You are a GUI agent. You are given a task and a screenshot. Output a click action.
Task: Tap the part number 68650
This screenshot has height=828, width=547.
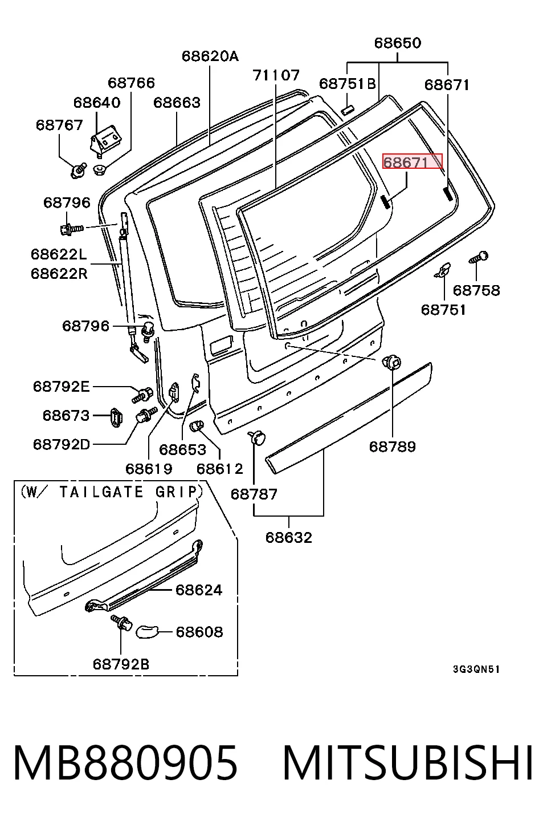tap(397, 43)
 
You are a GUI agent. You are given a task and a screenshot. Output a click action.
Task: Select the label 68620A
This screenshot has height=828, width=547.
tap(210, 56)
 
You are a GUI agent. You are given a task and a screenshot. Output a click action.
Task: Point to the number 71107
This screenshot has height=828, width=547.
tap(276, 75)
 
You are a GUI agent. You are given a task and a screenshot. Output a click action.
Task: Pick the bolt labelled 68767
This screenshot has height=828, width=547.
tap(78, 171)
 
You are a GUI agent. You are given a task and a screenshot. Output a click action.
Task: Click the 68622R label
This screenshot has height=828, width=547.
tap(59, 274)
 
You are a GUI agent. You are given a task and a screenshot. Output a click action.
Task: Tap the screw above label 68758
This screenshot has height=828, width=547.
tap(479, 257)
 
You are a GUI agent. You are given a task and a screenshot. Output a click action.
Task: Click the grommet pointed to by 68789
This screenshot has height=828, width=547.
tap(392, 362)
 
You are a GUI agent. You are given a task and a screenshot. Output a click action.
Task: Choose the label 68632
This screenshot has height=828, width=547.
tap(289, 538)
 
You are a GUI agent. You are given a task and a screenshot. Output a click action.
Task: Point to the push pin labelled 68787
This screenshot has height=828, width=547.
tap(258, 437)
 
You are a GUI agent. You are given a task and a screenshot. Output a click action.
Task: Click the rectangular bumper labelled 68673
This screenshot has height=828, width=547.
tap(116, 417)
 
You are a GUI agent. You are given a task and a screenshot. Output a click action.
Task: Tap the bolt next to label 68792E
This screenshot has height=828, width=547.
tap(142, 395)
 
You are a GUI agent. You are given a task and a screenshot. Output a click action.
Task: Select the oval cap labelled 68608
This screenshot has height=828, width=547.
tap(146, 632)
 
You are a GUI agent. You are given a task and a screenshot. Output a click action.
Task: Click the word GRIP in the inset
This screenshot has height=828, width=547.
tap(178, 492)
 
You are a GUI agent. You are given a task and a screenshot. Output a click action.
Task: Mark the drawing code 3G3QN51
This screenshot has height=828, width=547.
tap(476, 669)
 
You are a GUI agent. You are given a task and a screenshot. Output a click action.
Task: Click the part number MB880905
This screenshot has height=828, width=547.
tap(125, 762)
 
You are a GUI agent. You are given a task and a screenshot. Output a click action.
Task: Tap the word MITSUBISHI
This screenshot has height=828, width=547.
tap(408, 762)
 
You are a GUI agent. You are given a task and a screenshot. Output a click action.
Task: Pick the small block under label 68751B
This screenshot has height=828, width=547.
tap(347, 110)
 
